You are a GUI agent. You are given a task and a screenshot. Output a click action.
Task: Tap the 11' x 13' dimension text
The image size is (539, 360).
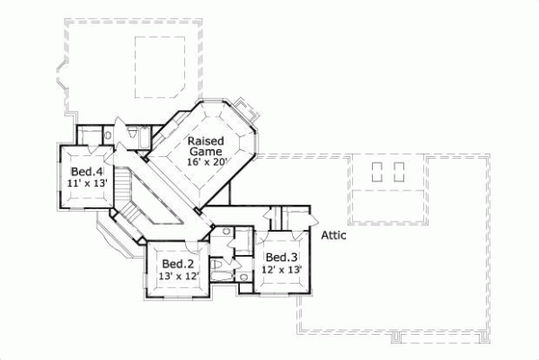[86, 182]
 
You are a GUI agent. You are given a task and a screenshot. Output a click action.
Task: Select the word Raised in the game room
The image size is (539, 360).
[205, 141]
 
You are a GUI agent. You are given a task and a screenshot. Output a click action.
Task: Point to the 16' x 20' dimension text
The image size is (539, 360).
[208, 163]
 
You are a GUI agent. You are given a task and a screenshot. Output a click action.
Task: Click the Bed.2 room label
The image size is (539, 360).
[178, 264]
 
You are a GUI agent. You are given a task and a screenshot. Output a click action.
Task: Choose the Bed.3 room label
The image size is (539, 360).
[281, 255]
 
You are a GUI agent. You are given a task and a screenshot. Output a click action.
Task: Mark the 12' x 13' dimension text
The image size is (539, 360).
[281, 268]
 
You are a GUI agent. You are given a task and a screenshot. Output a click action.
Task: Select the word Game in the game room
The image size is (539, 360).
[206, 153]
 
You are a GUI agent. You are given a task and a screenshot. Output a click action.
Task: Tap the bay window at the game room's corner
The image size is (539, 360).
[251, 115]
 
